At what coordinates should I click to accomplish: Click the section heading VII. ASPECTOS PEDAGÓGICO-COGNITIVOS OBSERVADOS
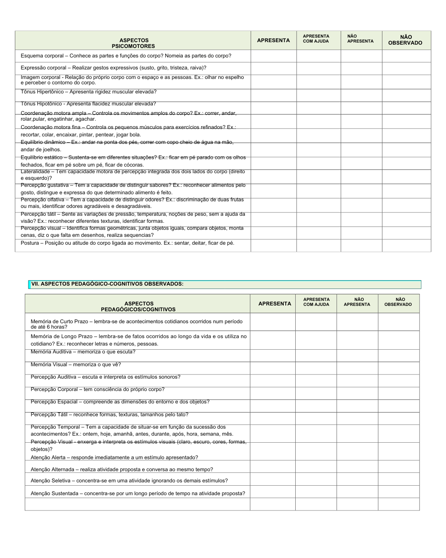click(x=107, y=284)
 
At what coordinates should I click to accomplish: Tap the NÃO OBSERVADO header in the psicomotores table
click(x=406, y=40)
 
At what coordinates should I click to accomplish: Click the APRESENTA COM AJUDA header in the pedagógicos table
click(x=316, y=302)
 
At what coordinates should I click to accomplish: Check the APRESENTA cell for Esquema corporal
click(x=273, y=56)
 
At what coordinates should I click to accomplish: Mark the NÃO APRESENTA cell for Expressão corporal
click(x=361, y=69)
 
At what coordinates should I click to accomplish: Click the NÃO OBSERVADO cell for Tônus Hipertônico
click(x=406, y=95)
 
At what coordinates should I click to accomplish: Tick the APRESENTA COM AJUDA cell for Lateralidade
click(x=318, y=177)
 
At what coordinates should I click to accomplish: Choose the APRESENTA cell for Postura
click(x=273, y=246)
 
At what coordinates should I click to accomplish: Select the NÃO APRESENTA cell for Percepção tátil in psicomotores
click(x=361, y=219)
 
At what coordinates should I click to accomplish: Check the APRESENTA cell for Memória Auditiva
click(x=273, y=356)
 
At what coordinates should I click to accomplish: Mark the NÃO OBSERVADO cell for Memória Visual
click(x=399, y=368)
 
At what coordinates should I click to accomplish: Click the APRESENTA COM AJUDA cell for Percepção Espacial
click(x=316, y=406)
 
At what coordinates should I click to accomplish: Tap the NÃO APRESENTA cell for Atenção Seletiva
click(x=357, y=479)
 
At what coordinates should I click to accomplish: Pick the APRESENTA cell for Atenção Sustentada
click(x=273, y=492)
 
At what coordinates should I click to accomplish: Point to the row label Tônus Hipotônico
click(x=41, y=104)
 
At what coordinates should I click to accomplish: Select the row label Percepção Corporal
click(x=54, y=389)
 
